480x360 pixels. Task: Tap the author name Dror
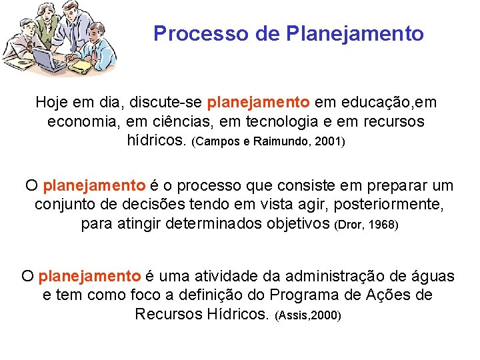351,225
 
